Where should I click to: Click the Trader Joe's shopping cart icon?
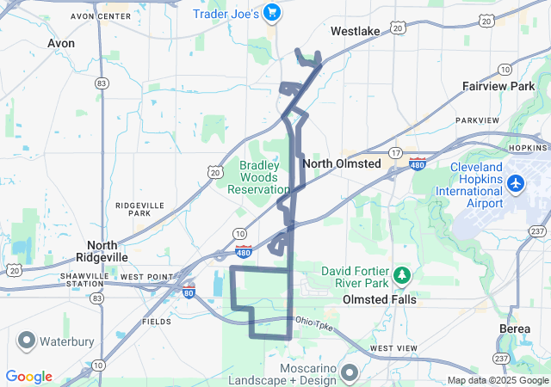coord(273,12)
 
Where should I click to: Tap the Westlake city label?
coord(355,31)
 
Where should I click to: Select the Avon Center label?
coord(94,16)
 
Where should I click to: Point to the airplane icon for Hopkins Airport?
coord(516,183)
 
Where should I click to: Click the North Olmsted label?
coord(342,163)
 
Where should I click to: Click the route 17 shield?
coord(395,153)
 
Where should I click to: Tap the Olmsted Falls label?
coord(380,299)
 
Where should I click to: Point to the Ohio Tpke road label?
coord(313,321)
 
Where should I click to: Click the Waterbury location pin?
coord(25,341)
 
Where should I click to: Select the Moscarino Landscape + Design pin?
coord(349,373)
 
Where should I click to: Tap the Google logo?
coord(28,377)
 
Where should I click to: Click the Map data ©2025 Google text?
coord(497,380)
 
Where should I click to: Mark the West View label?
coord(393,347)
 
